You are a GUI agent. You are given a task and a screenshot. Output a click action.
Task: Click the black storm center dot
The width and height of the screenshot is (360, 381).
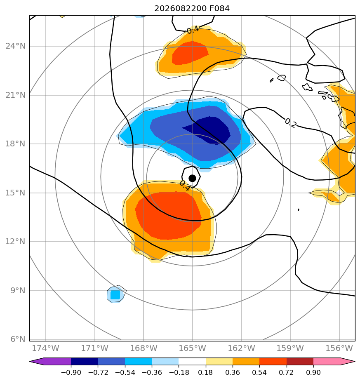coord(192,179)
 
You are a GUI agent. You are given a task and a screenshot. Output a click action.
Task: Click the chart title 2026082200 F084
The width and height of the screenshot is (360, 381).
coord(192,9)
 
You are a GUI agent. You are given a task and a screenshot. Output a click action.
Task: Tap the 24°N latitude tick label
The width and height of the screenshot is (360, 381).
coord(16,46)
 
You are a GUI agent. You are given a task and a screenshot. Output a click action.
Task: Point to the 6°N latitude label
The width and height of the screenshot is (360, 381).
coord(18,339)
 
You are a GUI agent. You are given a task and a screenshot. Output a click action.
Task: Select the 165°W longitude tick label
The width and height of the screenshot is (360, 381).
coord(192,348)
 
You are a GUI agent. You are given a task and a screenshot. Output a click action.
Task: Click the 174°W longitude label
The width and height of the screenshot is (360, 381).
coord(46,348)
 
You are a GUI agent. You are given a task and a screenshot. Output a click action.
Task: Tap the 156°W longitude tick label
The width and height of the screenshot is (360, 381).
coord(339,348)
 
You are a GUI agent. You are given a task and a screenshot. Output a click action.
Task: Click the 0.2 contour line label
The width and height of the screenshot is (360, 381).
coord(291,123)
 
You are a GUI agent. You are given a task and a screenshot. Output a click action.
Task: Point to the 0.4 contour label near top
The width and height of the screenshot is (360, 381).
coord(193,30)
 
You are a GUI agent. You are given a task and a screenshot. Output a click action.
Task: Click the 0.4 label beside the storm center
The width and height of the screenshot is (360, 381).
coord(185,186)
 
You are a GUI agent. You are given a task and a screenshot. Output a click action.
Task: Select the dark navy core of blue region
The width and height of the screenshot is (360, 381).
coord(209,130)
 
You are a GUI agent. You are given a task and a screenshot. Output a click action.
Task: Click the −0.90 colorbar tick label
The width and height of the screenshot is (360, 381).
coord(71,372)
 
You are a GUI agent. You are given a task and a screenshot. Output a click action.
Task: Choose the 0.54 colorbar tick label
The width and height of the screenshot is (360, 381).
coord(259,372)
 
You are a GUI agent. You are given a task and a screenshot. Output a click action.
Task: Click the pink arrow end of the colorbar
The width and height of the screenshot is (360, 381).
coord(334,361)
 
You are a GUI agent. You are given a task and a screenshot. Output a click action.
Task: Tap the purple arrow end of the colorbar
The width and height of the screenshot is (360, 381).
coord(50,361)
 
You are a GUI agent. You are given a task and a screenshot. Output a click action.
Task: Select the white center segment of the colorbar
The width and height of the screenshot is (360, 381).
coord(192,361)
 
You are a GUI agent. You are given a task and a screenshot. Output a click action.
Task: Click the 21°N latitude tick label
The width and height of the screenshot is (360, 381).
coord(16,95)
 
